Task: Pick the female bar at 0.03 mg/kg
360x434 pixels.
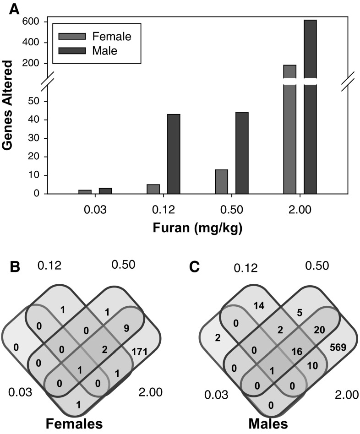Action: (x=85, y=192)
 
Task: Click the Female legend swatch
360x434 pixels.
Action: (x=72, y=36)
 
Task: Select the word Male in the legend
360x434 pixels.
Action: (x=105, y=51)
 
